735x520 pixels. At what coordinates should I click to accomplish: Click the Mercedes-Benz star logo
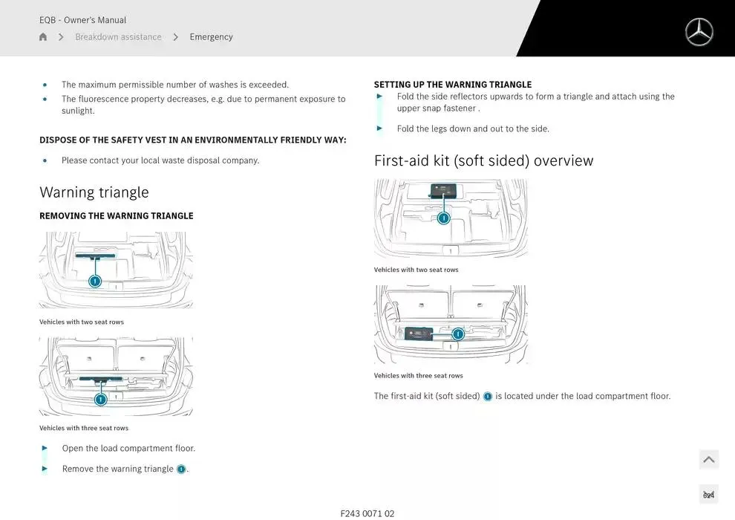coord(699,32)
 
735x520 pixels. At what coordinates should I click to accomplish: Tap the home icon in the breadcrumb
coord(43,37)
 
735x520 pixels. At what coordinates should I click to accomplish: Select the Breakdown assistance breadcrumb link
coord(118,37)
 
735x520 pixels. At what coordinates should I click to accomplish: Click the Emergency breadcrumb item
coord(211,37)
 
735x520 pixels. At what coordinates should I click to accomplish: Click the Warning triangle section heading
coord(94,192)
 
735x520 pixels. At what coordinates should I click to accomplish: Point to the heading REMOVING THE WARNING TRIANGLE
coord(116,216)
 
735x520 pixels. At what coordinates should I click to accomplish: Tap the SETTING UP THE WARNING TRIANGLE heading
coord(452,85)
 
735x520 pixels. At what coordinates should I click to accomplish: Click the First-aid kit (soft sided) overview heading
coord(483,160)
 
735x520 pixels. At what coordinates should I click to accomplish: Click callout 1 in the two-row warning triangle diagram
coord(95,281)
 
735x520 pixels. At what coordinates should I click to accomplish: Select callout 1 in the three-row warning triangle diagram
coord(101,400)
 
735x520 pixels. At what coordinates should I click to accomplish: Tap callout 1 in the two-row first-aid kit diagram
coord(443,218)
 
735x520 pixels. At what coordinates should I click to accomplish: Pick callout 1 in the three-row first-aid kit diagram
coord(458,334)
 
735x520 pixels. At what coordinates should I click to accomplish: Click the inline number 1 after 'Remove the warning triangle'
coord(181,469)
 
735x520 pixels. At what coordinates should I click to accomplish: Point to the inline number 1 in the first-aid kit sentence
coord(488,397)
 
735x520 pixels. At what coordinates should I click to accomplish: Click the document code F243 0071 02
coord(367,513)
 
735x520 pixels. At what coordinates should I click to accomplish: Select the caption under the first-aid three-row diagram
coord(418,376)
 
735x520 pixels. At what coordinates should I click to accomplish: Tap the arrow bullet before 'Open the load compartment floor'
coord(45,448)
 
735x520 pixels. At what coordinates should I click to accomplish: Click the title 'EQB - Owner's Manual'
coord(82,20)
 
